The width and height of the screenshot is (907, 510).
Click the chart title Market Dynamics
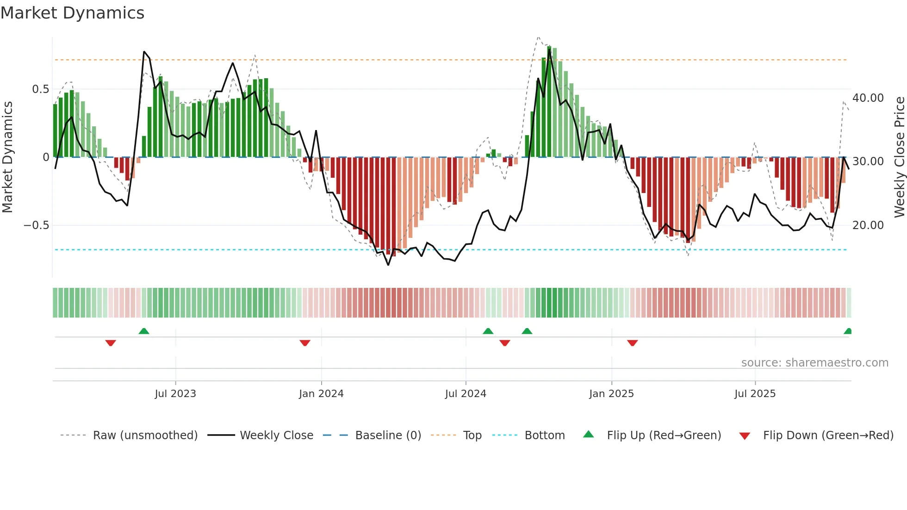pos(73,13)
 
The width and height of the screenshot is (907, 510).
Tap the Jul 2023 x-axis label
pos(175,393)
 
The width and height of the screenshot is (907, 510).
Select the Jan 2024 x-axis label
pos(321,393)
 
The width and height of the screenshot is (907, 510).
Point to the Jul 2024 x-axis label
pos(466,393)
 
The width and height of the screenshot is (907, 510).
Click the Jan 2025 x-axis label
pos(611,393)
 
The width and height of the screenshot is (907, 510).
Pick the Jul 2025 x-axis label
pos(755,393)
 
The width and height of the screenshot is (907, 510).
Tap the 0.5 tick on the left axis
pos(40,89)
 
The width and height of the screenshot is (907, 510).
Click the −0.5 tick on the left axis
pos(36,225)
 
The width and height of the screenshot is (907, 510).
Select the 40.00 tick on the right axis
pos(868,98)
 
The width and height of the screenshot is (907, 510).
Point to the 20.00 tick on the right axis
pos(868,225)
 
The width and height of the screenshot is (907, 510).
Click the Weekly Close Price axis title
pos(899,157)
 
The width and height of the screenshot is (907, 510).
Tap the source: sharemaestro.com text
pos(814,362)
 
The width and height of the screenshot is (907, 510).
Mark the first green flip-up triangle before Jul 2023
pos(144,331)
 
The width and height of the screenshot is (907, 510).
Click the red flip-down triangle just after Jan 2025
pos(633,342)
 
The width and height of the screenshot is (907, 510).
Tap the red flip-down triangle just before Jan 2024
pos(305,342)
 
